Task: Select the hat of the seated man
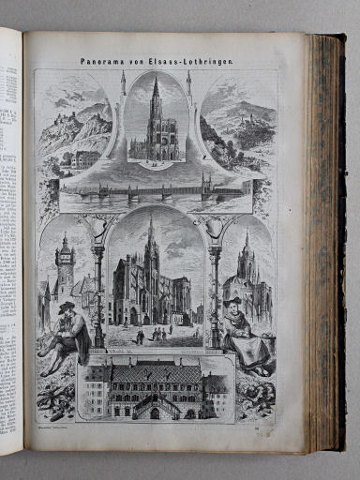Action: point(65,307)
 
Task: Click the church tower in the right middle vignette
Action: point(247,262)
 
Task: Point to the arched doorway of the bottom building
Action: point(155,412)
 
